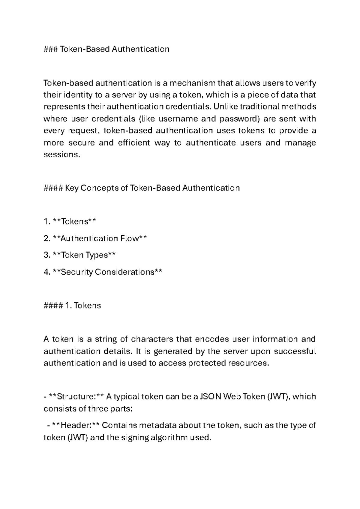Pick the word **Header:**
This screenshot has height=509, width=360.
point(75,426)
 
